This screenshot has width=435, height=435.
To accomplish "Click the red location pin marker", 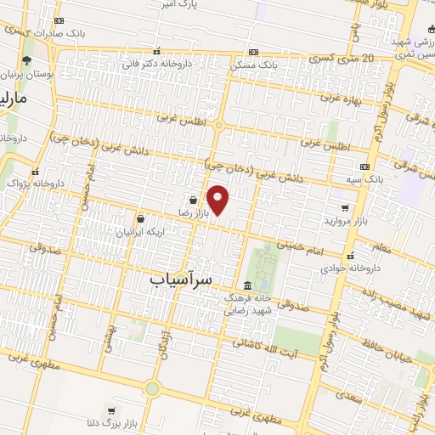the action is [x=218, y=200].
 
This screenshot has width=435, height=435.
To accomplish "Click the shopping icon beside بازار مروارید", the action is [x=344, y=206].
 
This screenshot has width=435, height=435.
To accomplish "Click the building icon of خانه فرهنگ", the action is [x=246, y=285].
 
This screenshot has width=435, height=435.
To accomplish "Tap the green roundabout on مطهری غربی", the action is [x=152, y=389].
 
